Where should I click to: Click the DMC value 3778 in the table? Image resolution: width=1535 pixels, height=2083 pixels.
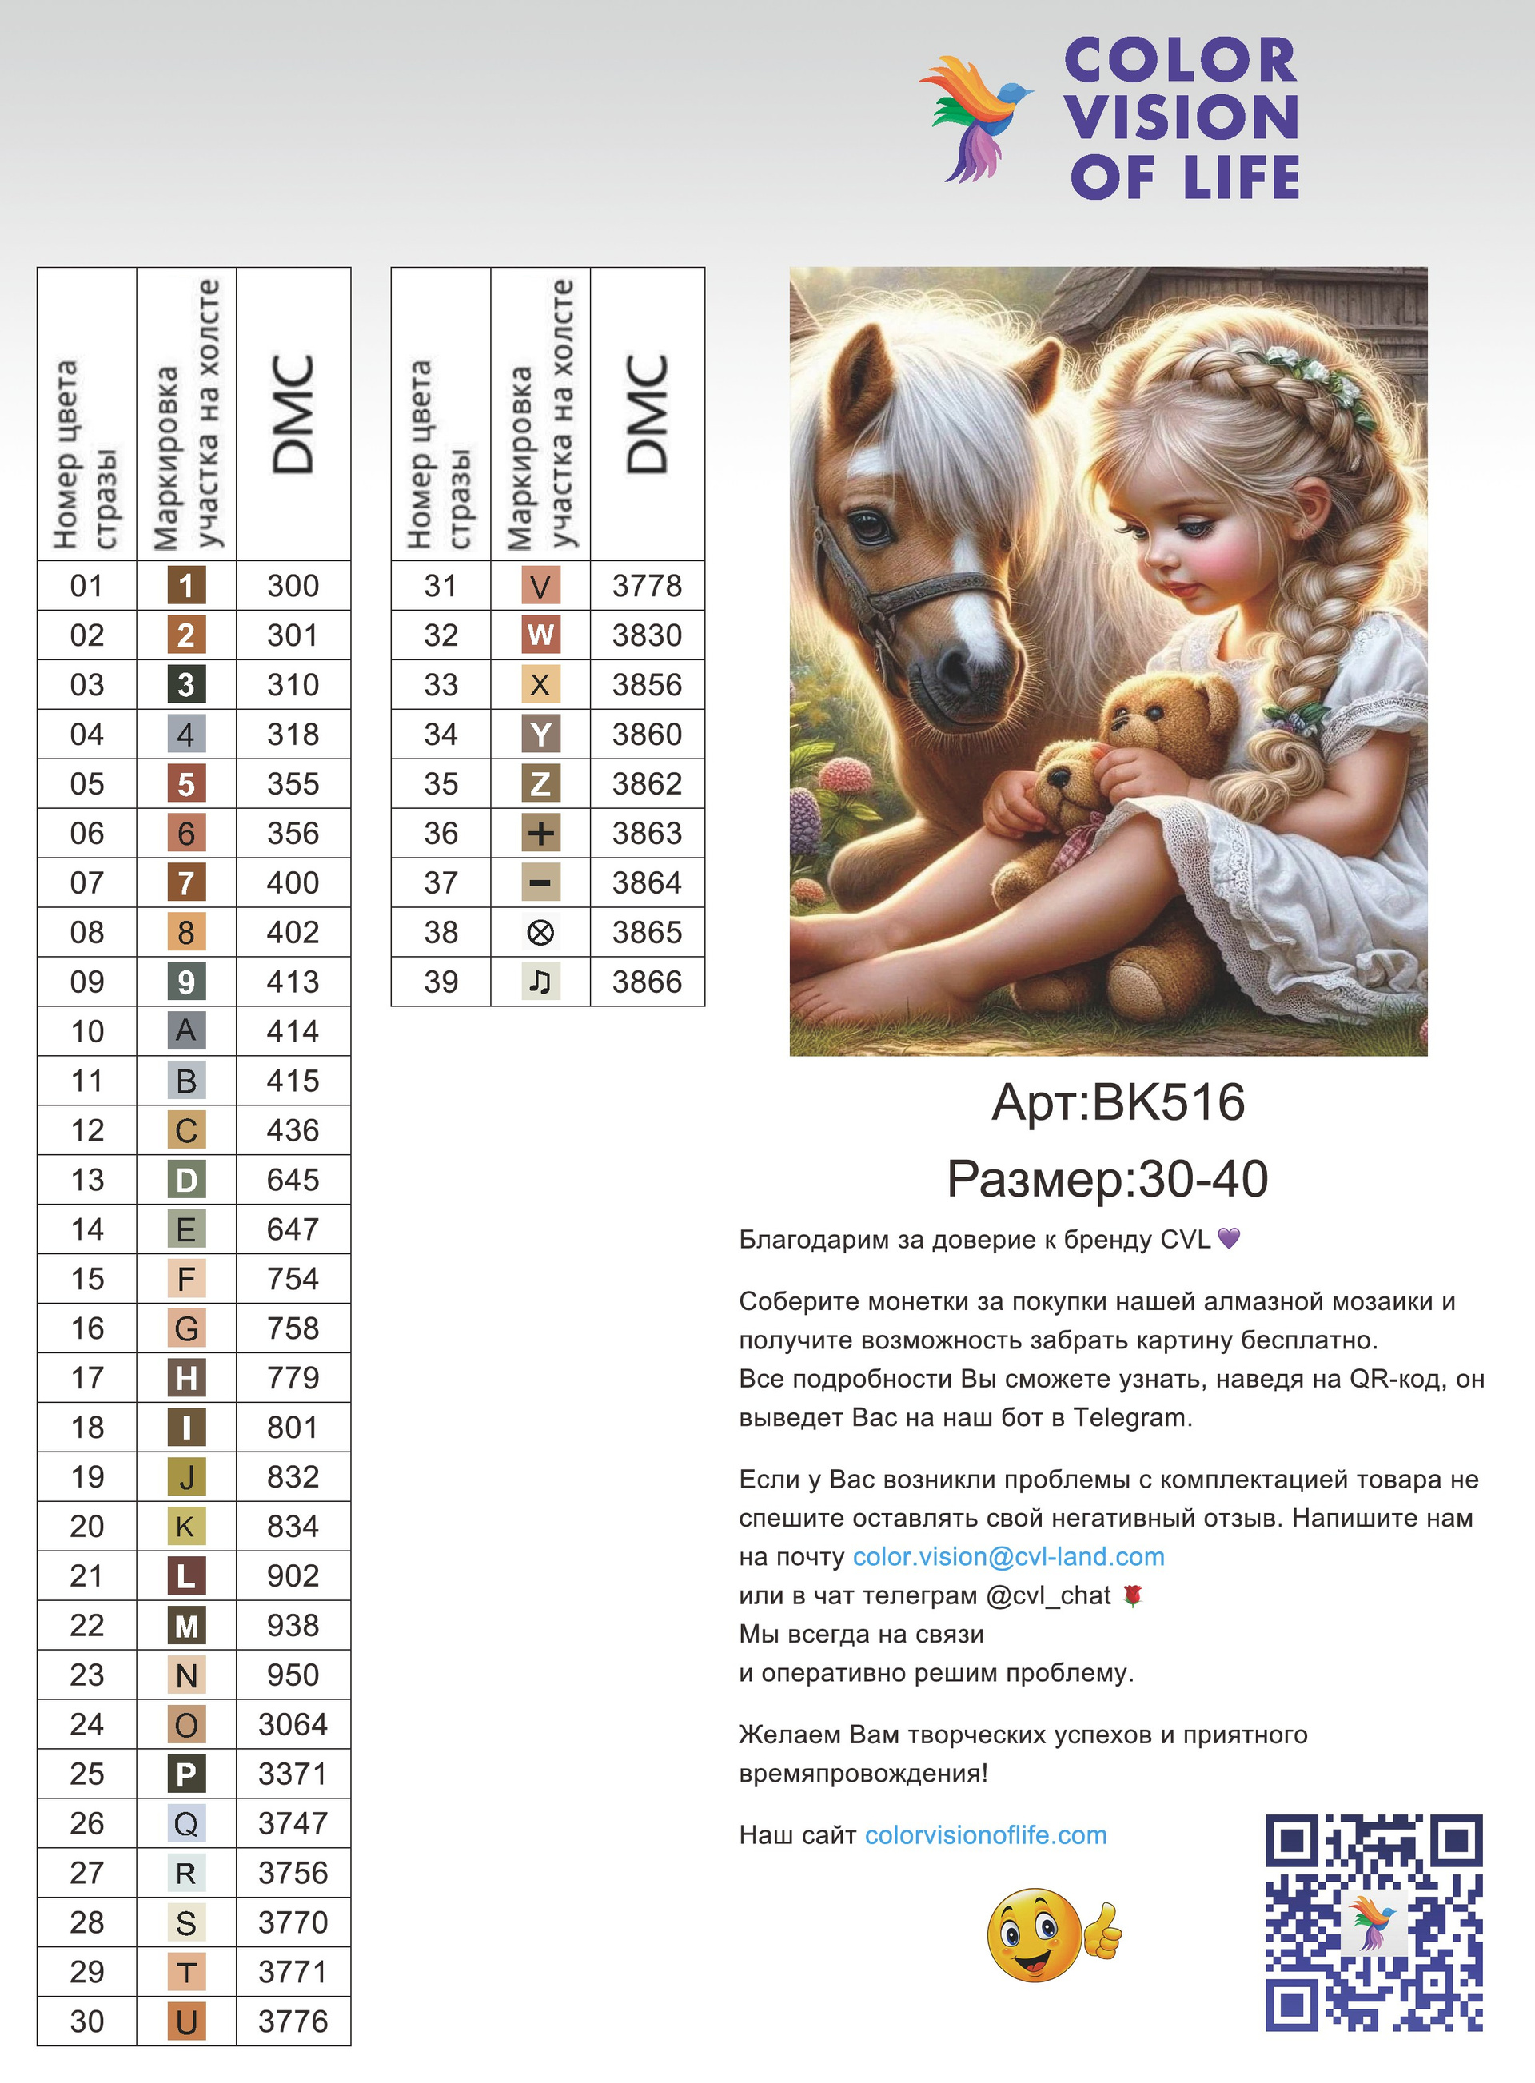(x=647, y=586)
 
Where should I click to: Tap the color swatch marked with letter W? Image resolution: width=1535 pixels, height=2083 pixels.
(x=540, y=635)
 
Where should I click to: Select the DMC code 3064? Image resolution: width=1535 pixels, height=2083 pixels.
(x=293, y=1724)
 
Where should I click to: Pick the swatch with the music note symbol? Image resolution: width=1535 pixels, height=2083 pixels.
(x=540, y=982)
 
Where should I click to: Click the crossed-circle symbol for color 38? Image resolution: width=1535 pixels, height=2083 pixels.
(x=540, y=933)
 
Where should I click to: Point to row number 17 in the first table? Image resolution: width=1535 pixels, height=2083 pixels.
(x=87, y=1378)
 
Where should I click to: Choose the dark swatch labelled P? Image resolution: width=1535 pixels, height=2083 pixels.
(x=185, y=1774)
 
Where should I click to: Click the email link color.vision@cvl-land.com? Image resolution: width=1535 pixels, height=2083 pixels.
(x=1008, y=1557)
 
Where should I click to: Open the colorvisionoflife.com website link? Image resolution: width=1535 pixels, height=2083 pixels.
(x=986, y=1835)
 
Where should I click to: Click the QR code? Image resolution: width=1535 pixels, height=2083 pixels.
(x=1374, y=1922)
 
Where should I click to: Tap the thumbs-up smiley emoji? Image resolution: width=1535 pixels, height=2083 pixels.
(x=1053, y=1934)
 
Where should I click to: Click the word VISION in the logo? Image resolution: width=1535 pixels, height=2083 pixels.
(x=1181, y=118)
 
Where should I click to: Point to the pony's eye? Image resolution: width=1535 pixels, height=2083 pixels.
(x=871, y=526)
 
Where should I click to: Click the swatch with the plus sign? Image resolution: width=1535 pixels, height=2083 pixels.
(x=540, y=834)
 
